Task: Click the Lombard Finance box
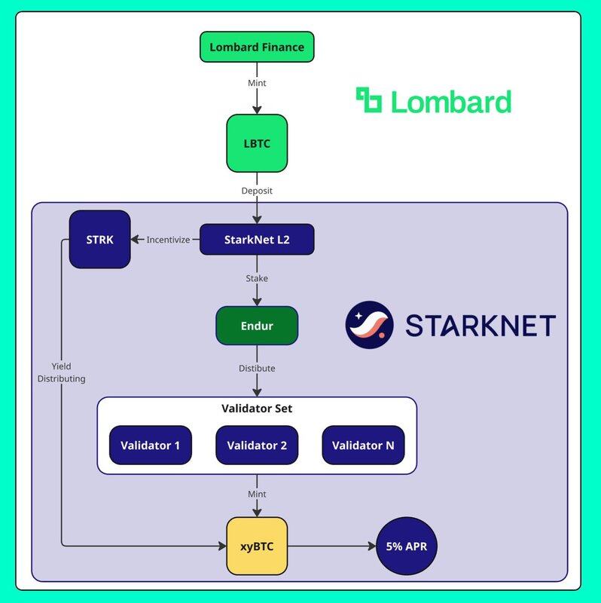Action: [257, 47]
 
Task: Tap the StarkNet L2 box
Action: [257, 240]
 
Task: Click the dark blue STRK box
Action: [99, 240]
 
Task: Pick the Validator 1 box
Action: [151, 445]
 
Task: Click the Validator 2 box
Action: [257, 445]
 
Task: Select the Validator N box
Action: [363, 445]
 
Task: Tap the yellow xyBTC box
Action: [257, 545]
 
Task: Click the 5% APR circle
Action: [406, 545]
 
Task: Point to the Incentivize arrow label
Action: [168, 240]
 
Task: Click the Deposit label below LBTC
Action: [257, 191]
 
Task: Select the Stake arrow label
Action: [257, 278]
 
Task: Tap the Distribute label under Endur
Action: [257, 369]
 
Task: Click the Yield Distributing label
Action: [62, 372]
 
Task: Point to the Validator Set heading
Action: [257, 409]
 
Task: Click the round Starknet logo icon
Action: [369, 325]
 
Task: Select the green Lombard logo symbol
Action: [369, 100]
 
